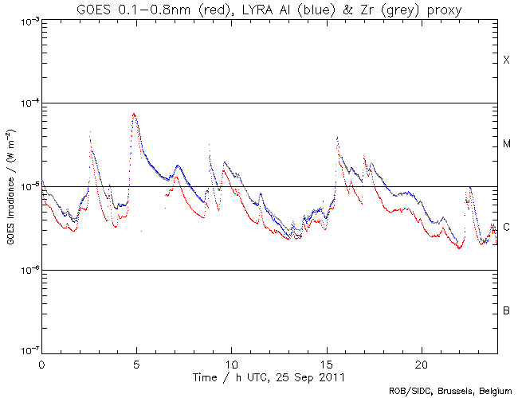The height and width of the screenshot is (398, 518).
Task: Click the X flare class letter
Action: tap(506, 60)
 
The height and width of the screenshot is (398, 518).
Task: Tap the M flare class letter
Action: tap(506, 144)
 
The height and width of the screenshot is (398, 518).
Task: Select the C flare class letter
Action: tap(506, 228)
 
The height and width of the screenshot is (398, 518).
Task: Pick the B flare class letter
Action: tap(506, 310)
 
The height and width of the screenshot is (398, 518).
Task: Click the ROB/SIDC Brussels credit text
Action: tap(449, 391)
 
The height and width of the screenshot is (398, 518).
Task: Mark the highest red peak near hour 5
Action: tap(134, 114)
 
